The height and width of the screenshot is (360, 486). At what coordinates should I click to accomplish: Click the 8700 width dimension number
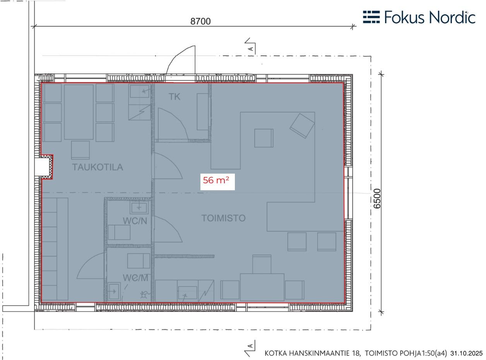[200, 21]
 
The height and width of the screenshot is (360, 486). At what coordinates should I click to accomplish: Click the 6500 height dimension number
[377, 199]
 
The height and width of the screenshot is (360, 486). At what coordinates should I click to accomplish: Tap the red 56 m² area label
[216, 181]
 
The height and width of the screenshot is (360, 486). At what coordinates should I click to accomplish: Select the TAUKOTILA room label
[98, 167]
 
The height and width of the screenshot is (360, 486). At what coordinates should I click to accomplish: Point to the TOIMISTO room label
[223, 218]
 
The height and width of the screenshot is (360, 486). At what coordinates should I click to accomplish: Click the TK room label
[175, 97]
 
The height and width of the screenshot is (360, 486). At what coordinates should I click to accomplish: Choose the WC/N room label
[135, 221]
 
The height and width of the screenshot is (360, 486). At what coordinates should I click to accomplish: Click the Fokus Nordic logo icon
[371, 17]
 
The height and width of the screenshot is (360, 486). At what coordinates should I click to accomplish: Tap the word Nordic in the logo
[452, 17]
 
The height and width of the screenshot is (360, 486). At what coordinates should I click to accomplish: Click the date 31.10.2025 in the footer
[467, 353]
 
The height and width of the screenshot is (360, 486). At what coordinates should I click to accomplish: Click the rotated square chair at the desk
[302, 126]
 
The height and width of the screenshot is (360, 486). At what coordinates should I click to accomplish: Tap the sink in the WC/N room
[139, 207]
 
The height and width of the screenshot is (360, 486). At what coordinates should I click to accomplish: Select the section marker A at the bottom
[250, 348]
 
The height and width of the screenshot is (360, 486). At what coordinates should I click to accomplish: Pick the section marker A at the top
[250, 46]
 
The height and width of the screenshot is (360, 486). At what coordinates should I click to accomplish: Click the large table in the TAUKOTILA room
[79, 112]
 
